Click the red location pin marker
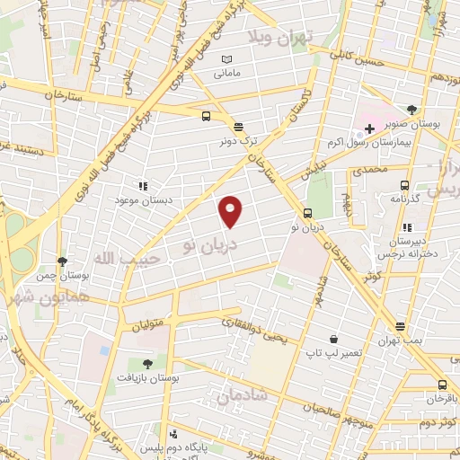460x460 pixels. pos(232,210)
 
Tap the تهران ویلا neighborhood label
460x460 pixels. pos(279,37)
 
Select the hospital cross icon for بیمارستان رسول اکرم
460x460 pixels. pos(369,128)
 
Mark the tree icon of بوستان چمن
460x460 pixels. pos(62,261)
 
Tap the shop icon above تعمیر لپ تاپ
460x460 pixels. pos(334,340)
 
